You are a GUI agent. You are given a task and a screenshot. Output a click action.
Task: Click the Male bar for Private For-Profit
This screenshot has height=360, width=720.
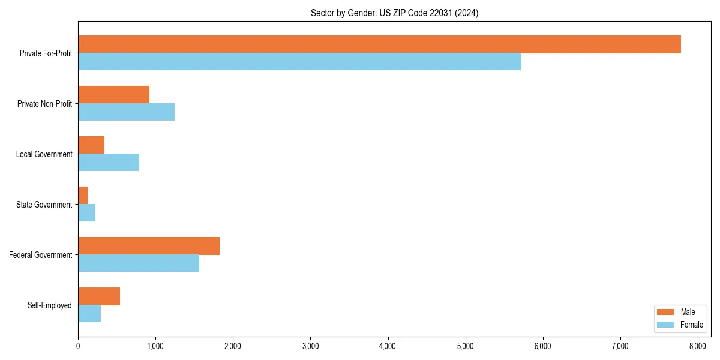click(379, 44)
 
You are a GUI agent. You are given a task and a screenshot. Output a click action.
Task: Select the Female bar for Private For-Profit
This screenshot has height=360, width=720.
click(299, 62)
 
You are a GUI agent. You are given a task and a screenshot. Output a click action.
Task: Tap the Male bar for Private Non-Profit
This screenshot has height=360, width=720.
click(113, 95)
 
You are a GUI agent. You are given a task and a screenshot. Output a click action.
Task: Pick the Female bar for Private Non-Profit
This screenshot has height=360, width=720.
click(126, 112)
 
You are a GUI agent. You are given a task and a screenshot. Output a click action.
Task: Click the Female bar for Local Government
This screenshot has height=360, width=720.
click(109, 163)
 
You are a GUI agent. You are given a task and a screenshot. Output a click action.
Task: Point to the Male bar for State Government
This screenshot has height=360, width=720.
click(83, 196)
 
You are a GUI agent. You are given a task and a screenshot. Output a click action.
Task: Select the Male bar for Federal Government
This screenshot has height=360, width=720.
click(149, 246)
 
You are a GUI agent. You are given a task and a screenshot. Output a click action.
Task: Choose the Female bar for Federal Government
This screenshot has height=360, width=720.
click(139, 263)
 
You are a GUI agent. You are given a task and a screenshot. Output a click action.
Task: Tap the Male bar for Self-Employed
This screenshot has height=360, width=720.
click(99, 296)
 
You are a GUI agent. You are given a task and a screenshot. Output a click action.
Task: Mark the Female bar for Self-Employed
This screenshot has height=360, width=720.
click(89, 314)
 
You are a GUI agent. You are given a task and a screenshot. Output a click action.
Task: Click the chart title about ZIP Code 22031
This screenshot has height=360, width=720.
click(394, 13)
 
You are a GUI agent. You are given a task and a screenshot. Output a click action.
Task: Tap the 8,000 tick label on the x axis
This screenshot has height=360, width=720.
click(697, 346)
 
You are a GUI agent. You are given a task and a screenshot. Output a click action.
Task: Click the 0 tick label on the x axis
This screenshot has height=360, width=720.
click(78, 346)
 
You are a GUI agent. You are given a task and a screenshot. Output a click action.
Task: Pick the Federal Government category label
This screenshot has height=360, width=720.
click(41, 255)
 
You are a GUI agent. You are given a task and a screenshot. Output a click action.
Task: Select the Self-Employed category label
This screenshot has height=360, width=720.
click(50, 305)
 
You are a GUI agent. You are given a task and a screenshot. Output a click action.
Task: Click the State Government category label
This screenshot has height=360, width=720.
click(44, 205)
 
